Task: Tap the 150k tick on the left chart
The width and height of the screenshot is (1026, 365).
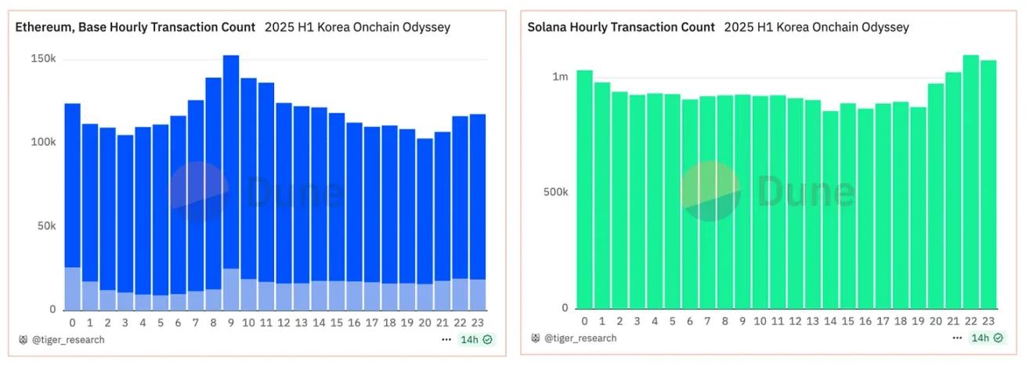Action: [x=43, y=60]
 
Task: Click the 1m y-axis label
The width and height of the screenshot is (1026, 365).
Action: [x=560, y=77]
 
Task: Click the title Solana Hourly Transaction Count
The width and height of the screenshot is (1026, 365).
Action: [x=621, y=27]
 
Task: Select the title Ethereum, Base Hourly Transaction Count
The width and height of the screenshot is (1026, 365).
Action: [x=135, y=27]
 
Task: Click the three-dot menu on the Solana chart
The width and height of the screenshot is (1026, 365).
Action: [x=956, y=338]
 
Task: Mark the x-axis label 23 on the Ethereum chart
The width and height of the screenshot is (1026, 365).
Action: [x=478, y=322]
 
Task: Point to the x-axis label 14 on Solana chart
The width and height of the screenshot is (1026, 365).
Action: [x=830, y=321]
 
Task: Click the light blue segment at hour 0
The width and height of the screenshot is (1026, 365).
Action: [x=73, y=288]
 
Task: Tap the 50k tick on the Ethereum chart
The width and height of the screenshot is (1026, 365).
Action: [x=46, y=226]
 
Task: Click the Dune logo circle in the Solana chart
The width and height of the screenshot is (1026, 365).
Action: [x=710, y=191]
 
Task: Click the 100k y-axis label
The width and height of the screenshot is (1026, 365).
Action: [x=43, y=143]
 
